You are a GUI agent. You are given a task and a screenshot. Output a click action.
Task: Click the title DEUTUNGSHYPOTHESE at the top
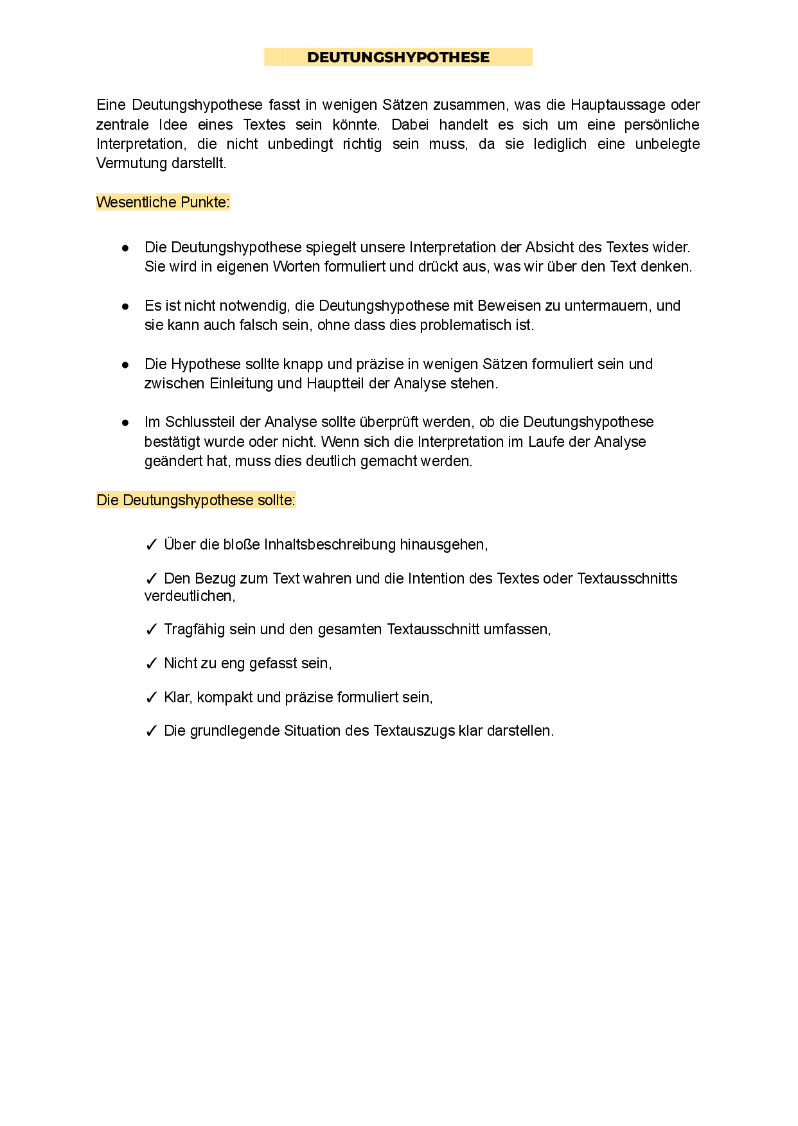pyautogui.click(x=398, y=58)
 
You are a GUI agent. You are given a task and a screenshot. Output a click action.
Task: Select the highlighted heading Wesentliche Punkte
pyautogui.click(x=163, y=203)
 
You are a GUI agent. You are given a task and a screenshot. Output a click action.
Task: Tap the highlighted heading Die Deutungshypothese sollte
pyautogui.click(x=195, y=500)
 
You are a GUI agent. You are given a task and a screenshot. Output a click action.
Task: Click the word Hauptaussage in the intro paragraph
pyautogui.click(x=617, y=105)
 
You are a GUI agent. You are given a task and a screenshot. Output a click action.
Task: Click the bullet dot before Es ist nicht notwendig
pyautogui.click(x=125, y=306)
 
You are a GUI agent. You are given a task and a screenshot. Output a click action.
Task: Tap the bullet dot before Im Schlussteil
pyautogui.click(x=125, y=422)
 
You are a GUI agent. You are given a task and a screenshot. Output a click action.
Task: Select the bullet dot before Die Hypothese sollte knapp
pyautogui.click(x=125, y=365)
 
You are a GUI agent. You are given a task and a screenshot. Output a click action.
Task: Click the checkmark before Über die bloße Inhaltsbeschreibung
pyautogui.click(x=152, y=545)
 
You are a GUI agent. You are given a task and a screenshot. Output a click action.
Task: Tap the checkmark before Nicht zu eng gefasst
pyautogui.click(x=152, y=664)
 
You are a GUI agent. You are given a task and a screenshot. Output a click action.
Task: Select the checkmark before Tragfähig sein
pyautogui.click(x=152, y=630)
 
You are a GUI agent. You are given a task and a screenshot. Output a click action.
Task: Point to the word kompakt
pyautogui.click(x=225, y=698)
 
